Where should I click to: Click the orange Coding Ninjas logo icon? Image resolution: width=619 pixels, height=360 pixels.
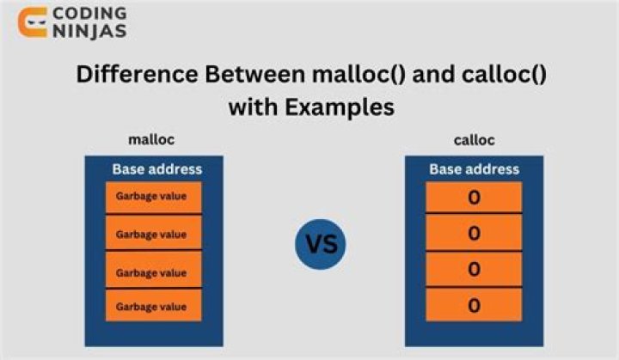(33, 22)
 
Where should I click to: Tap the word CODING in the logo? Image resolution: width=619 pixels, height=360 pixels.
(89, 14)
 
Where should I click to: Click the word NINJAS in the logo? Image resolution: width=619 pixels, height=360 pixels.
(89, 33)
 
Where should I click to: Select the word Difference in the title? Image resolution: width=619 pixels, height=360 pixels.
(137, 74)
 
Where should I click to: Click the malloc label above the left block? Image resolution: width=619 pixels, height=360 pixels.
(152, 140)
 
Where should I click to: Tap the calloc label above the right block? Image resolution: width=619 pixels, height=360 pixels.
(474, 140)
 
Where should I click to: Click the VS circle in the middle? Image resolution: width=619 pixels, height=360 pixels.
(322, 244)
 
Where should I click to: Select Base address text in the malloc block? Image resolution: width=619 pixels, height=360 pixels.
(156, 169)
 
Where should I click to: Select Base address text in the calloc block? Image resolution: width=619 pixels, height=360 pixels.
(474, 169)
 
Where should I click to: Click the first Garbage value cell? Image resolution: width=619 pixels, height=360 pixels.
(153, 198)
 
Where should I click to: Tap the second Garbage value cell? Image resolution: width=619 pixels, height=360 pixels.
(153, 233)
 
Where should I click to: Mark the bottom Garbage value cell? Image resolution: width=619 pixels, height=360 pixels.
(153, 305)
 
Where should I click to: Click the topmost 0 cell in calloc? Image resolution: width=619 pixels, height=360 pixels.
(474, 198)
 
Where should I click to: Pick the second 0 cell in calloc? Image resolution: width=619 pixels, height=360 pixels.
(474, 234)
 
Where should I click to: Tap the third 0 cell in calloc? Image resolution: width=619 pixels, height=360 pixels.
(474, 269)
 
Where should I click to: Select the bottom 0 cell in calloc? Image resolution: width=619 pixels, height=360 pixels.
(474, 305)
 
